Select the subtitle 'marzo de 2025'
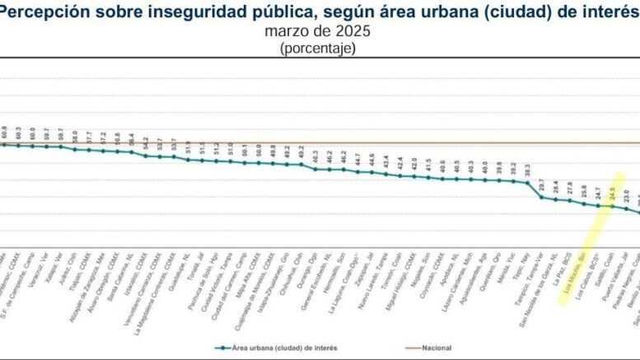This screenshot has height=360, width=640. pos(318,31)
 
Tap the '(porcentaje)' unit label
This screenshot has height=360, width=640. pos(318,49)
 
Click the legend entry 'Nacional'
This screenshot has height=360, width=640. pos(435,348)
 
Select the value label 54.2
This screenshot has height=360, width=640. pos(145,143)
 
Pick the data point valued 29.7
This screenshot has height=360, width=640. pos(541,196)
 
